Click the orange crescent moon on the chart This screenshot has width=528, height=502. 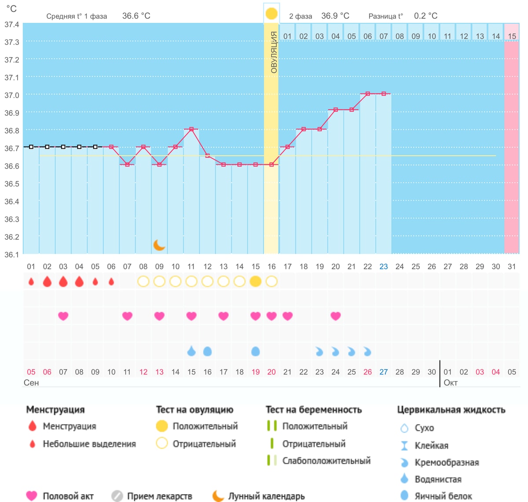(159, 245)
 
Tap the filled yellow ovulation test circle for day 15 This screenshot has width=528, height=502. (255, 282)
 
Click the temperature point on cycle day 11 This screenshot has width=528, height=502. (191, 129)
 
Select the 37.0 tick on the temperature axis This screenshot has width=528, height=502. (12, 95)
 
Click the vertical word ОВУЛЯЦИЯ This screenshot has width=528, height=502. (274, 52)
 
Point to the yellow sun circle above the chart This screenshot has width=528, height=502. (271, 14)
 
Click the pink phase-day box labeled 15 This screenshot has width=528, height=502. (512, 36)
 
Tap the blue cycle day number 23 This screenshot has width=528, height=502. (384, 267)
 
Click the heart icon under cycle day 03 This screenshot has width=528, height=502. (63, 316)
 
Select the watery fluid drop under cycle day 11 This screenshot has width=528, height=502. (191, 351)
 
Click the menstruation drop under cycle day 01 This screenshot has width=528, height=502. (31, 282)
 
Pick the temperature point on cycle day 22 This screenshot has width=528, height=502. (368, 94)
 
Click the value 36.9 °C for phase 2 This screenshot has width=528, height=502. (335, 16)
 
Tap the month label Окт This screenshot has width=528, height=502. (451, 382)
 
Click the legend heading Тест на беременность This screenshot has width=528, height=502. (314, 410)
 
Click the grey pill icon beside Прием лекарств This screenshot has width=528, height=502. (117, 496)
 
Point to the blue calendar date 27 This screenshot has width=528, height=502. (384, 372)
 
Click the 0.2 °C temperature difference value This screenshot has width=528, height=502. (425, 16)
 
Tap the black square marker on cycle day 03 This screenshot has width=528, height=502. (63, 147)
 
